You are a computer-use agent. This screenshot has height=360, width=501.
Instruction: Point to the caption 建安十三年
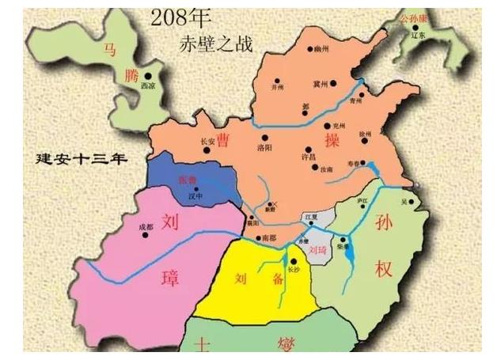82,158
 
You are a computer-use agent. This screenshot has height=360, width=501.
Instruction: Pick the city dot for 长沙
293,261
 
